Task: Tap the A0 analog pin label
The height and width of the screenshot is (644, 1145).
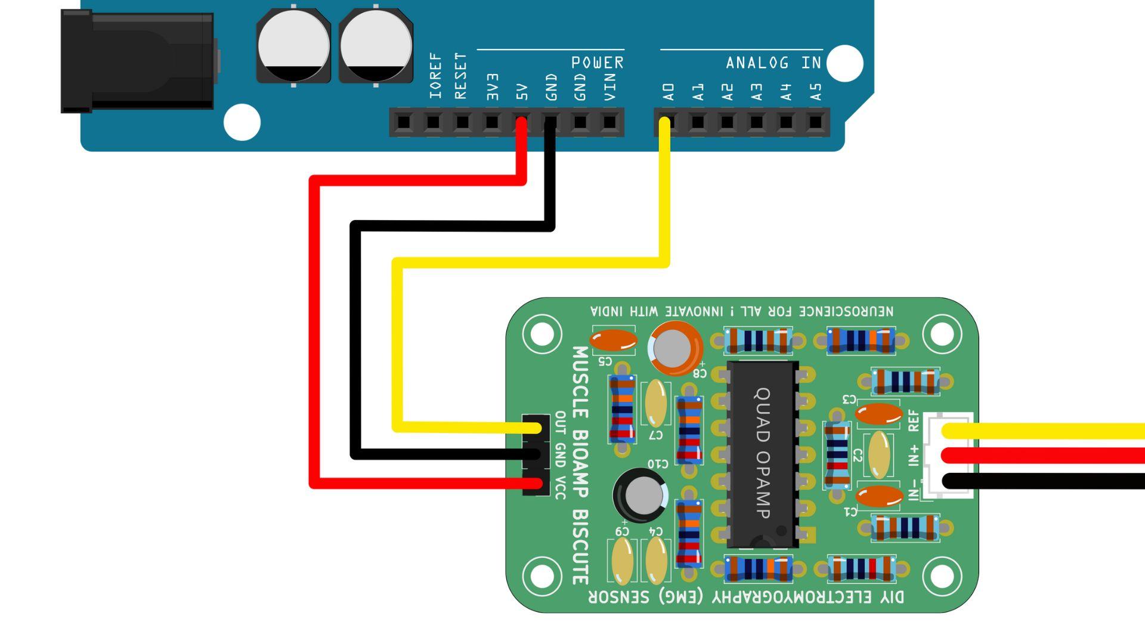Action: (668, 91)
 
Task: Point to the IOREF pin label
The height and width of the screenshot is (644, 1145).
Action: (435, 76)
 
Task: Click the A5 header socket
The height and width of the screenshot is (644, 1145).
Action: (815, 123)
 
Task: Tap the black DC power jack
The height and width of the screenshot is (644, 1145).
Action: (138, 62)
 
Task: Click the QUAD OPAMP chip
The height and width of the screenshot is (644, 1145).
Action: (763, 453)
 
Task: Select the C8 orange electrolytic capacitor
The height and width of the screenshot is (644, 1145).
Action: (674, 348)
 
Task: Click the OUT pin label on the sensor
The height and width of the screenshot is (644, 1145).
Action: (560, 422)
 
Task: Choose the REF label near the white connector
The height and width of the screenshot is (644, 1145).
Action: (913, 420)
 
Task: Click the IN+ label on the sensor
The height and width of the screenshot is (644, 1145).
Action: (913, 454)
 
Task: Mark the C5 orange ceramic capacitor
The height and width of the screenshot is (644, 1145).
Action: (614, 340)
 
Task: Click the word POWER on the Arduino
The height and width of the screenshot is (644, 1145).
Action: (597, 63)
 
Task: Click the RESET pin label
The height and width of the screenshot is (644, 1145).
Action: (461, 76)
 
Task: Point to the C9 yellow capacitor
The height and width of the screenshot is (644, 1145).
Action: (622, 561)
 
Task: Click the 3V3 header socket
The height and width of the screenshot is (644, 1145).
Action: (491, 123)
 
